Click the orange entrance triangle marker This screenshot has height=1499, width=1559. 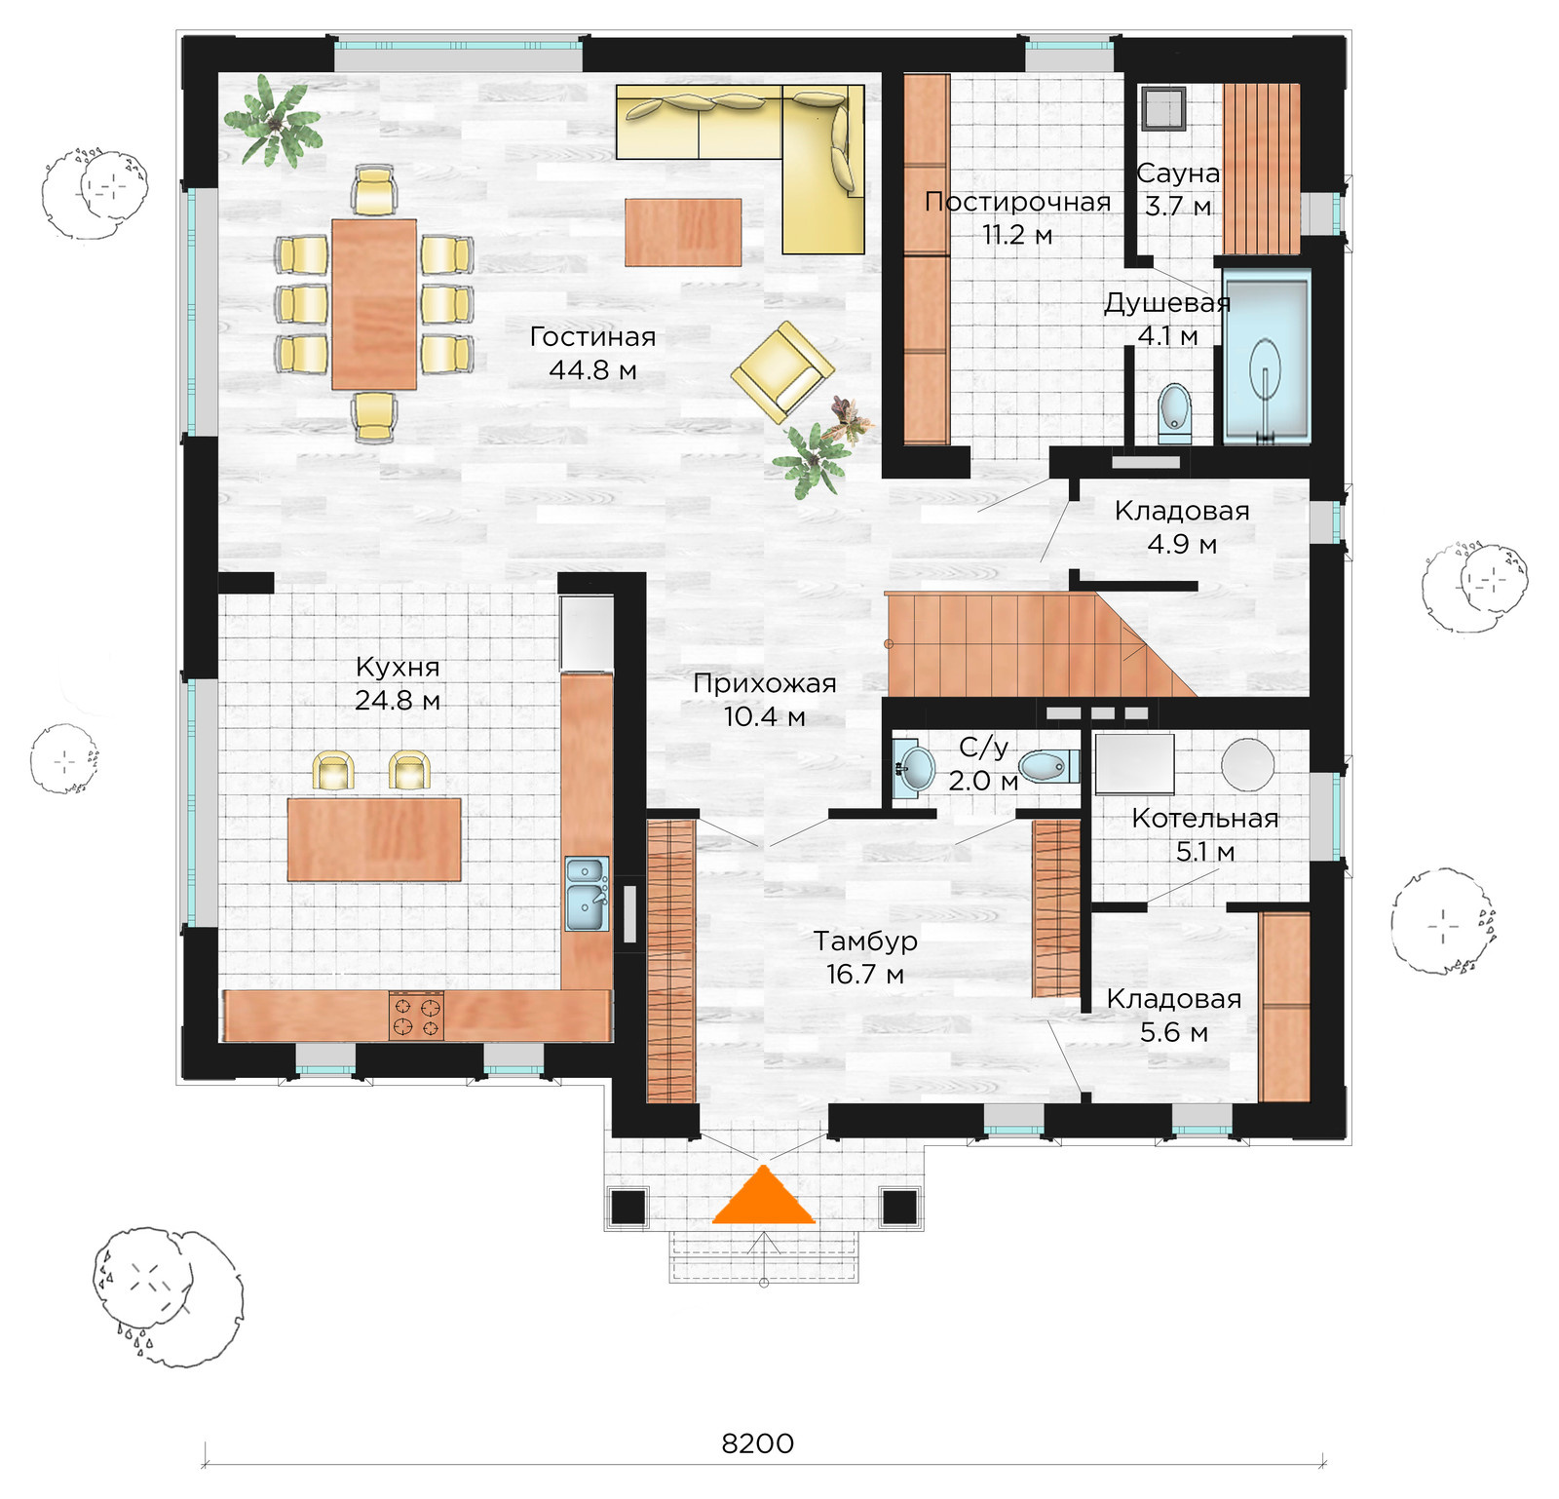pyautogui.click(x=764, y=1197)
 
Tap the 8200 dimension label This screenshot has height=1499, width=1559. pyautogui.click(x=757, y=1443)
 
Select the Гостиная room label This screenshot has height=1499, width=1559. pyautogui.click(x=592, y=337)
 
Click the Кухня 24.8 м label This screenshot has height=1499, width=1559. pyautogui.click(x=398, y=683)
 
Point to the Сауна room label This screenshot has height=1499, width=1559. pyautogui.click(x=1178, y=173)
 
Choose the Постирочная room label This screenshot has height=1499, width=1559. pyautogui.click(x=1017, y=202)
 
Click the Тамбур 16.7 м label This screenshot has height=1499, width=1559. pyautogui.click(x=865, y=957)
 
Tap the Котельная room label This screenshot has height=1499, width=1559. pyautogui.click(x=1205, y=819)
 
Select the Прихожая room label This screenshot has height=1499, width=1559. pyautogui.click(x=765, y=683)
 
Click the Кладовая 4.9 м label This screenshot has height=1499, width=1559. pyautogui.click(x=1182, y=527)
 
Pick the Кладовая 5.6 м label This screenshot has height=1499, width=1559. pyautogui.click(x=1174, y=1015)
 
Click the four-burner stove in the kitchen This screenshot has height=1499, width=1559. pyautogui.click(x=416, y=1016)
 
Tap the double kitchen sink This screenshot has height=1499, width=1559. pyautogui.click(x=588, y=894)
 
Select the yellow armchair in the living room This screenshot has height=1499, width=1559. pyautogui.click(x=782, y=372)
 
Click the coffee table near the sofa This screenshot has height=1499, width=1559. pyautogui.click(x=683, y=232)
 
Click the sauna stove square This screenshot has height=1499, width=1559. pyautogui.click(x=1164, y=108)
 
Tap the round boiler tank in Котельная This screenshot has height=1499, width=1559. pyautogui.click(x=1248, y=763)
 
